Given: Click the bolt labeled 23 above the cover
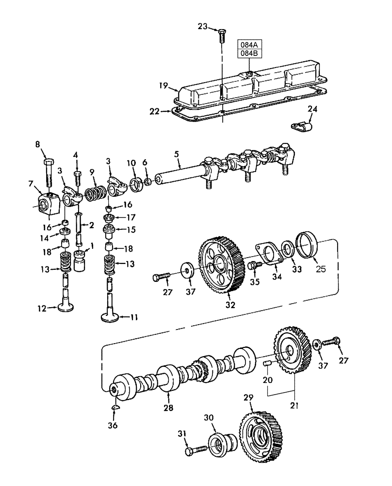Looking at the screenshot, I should pos(221,35).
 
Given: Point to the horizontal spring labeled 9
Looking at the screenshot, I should pos(96,194).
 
